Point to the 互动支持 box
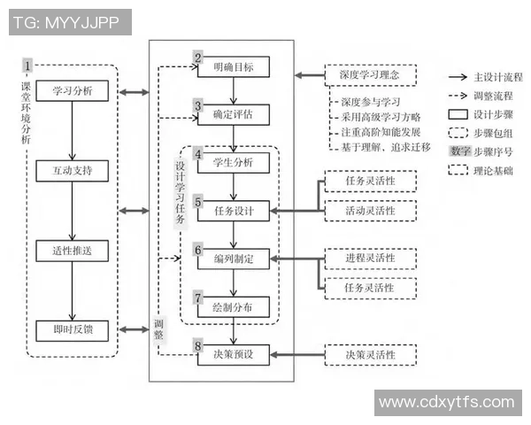pyautogui.click(x=73, y=168)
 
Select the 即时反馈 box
pyautogui.click(x=73, y=329)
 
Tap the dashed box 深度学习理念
pyautogui.click(x=369, y=75)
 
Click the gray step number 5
pyautogui.click(x=199, y=201)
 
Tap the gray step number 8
pyautogui.click(x=199, y=346)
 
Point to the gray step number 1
pyautogui.click(x=28, y=66)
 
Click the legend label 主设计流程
pyautogui.click(x=498, y=78)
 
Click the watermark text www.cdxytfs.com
pyautogui.click(x=447, y=403)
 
